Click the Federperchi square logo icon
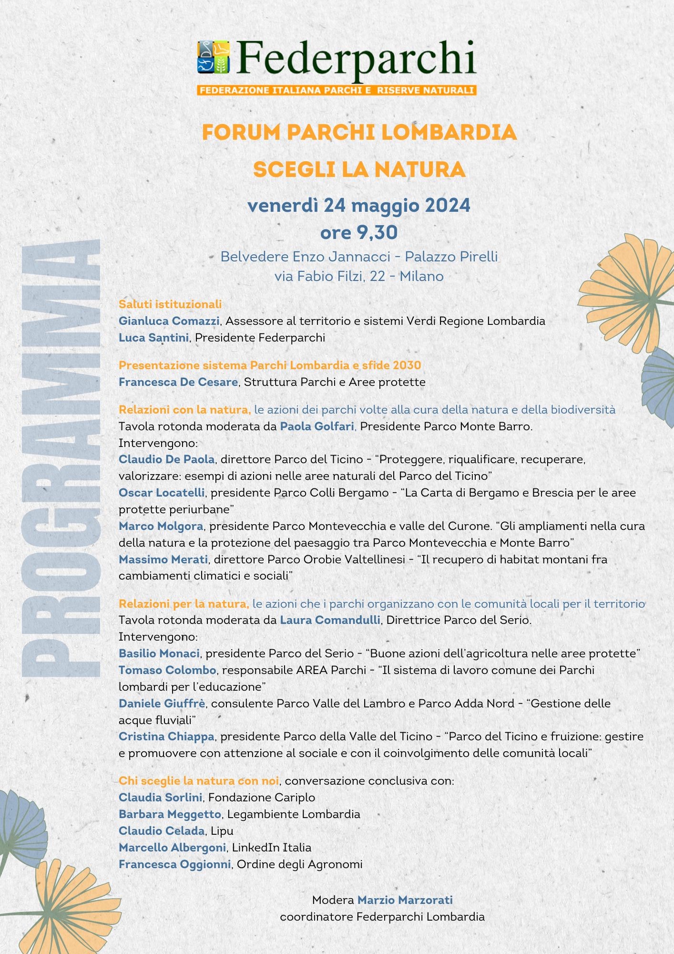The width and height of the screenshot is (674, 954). (214, 57)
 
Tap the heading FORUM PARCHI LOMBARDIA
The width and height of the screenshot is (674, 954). (359, 133)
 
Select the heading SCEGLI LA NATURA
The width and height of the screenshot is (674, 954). (359, 169)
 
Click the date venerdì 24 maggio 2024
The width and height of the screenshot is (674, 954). (359, 206)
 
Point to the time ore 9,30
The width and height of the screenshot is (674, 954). (359, 233)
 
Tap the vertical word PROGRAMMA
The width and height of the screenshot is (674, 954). (61, 458)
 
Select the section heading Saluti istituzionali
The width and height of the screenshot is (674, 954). (170, 304)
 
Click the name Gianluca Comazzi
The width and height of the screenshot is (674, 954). (169, 321)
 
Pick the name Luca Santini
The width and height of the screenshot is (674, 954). (153, 338)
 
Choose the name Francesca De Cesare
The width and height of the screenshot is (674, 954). (178, 382)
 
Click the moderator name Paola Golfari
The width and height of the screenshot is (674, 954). (317, 426)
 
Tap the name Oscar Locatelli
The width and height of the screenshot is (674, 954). (162, 493)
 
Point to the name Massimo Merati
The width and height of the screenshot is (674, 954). (163, 559)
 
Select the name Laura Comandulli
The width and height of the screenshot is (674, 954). (330, 620)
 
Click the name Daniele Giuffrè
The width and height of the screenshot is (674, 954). (162, 704)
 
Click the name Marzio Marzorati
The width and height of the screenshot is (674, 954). (405, 900)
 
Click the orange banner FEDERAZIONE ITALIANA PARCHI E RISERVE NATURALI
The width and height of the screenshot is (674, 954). (337, 90)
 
